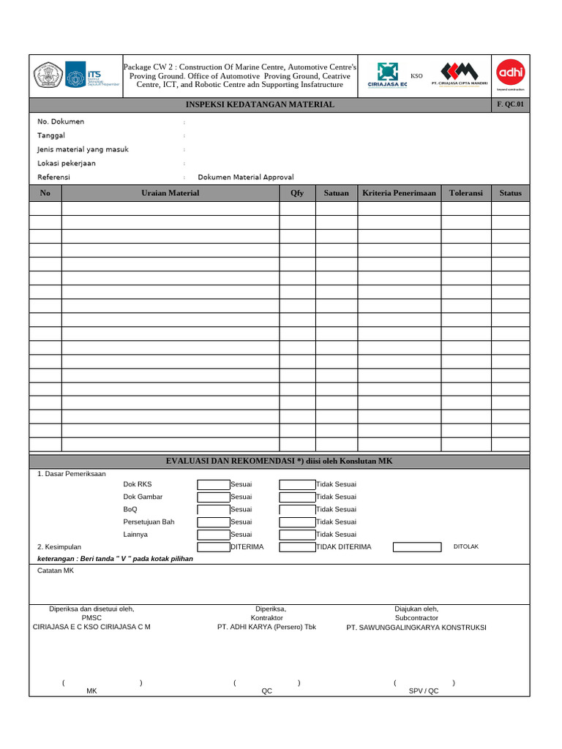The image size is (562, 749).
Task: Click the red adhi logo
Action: (510, 72)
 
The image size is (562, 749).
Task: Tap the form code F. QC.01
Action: (510, 105)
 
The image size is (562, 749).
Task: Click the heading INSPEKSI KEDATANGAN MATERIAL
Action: (260, 105)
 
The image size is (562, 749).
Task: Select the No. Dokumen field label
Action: (61, 121)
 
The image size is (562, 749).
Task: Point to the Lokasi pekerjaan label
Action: (67, 163)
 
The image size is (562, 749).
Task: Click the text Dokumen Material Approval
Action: (246, 177)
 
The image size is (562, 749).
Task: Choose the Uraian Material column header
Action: (170, 193)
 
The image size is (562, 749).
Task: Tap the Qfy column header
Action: (297, 193)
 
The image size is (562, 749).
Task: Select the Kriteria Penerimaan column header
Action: (399, 193)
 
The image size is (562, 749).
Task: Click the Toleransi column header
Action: (465, 193)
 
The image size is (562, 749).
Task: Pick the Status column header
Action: (510, 193)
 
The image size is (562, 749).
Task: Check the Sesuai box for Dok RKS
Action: (213, 484)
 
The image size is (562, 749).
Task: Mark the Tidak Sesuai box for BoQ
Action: (297, 509)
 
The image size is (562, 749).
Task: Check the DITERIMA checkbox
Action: (213, 546)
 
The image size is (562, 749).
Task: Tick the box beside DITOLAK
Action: (417, 546)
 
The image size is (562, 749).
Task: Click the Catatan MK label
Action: (56, 571)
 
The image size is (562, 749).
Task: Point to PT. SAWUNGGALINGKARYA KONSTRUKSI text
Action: (416, 628)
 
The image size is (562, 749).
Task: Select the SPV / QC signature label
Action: (424, 690)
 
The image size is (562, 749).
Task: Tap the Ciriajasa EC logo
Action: (387, 75)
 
